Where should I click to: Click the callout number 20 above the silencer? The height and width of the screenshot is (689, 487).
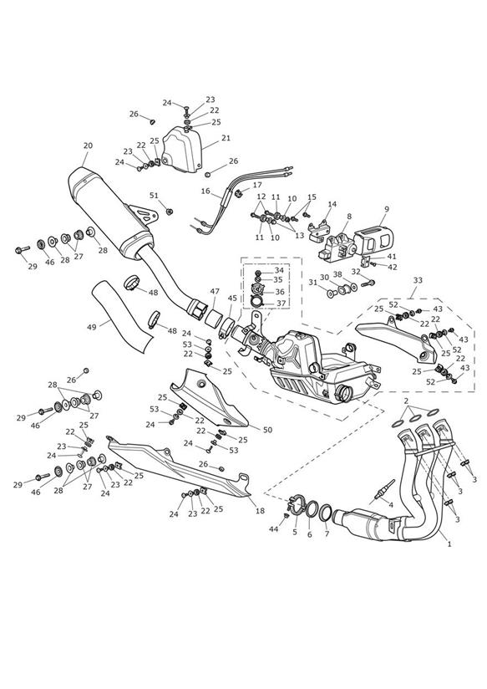[88, 145]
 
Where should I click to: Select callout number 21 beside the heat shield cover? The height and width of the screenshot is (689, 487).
[226, 138]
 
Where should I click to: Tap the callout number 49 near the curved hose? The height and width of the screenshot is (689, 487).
[91, 327]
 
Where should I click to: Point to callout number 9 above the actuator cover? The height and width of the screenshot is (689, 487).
[387, 208]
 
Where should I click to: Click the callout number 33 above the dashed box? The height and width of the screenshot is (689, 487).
[418, 280]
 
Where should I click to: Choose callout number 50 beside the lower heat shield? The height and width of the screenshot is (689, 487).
[267, 430]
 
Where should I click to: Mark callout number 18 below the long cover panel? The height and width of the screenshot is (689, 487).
[260, 511]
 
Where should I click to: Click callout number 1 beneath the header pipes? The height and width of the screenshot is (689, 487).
[449, 544]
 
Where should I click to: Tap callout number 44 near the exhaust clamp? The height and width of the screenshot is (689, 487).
[274, 529]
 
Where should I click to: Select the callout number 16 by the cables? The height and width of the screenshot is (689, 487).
[206, 191]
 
